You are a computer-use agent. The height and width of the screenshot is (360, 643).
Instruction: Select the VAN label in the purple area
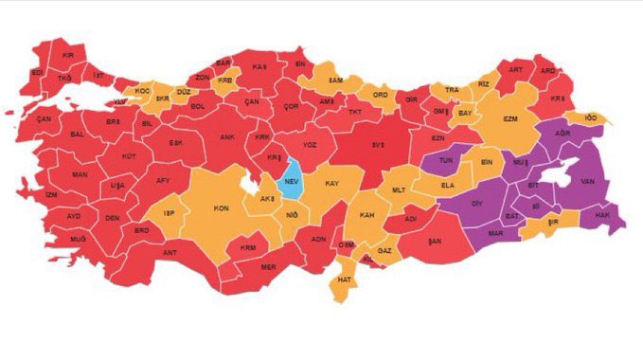[587, 180]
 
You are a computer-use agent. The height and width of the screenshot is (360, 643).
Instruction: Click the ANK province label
[227, 136]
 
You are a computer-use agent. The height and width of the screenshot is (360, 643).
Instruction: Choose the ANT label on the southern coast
[170, 253]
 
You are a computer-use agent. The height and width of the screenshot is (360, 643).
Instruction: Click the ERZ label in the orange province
[510, 119]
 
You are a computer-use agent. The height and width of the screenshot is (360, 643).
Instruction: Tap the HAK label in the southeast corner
[600, 216]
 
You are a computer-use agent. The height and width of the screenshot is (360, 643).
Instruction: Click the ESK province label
[175, 143]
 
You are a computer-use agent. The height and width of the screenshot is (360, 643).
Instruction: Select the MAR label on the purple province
[494, 232]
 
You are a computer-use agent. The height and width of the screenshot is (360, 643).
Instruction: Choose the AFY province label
[164, 180]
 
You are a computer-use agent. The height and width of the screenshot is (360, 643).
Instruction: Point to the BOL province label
[198, 106]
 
